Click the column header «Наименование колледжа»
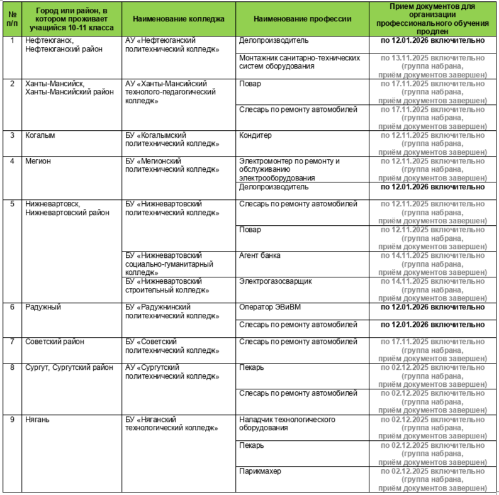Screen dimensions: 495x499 tap(179, 19)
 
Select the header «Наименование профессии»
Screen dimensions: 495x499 tap(302, 19)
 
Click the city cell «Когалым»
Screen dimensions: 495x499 tap(39, 135)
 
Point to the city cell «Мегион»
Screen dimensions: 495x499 tap(38, 161)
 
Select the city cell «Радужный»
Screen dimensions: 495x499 tap(43, 308)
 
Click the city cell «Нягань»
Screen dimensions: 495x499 tap(37, 420)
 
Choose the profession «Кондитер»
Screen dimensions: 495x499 tap(255, 135)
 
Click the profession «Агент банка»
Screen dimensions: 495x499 tap(260, 256)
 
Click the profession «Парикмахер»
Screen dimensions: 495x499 tap(260, 471)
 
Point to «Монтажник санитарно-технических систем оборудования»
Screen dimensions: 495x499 tap(300, 62)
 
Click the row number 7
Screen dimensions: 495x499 tap(12, 342)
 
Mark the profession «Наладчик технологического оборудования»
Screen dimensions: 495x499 tap(287, 424)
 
